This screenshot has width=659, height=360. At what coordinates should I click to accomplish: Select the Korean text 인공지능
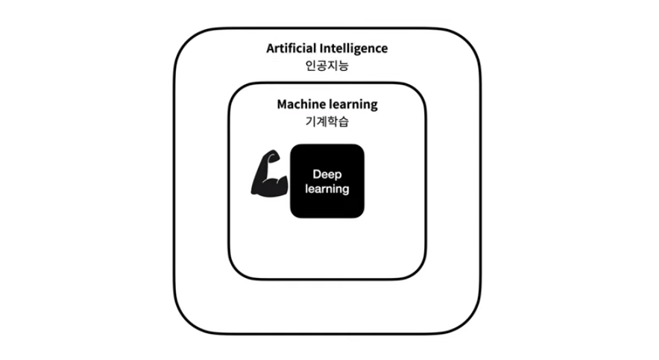point(327,66)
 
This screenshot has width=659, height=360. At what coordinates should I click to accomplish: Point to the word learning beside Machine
point(353,104)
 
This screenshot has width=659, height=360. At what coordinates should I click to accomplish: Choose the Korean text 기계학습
point(327,121)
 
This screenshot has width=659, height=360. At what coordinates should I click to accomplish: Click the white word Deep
point(327,174)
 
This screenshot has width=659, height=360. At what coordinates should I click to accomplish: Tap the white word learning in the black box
point(327,189)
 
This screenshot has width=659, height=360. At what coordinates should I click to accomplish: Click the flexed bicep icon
point(268,174)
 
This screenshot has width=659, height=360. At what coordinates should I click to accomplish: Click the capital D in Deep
point(317,174)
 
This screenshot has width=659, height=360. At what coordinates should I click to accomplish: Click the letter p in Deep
point(337,174)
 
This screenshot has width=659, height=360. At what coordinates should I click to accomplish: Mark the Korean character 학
point(332,121)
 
